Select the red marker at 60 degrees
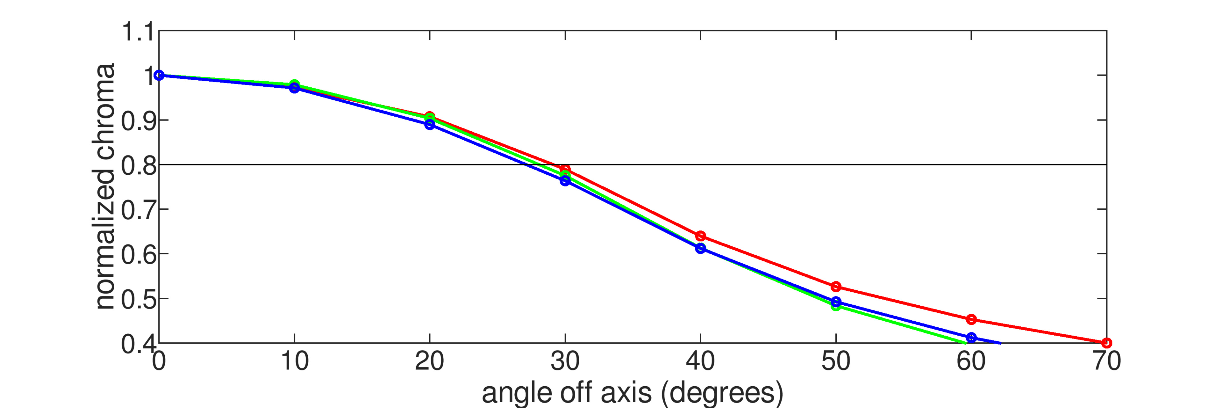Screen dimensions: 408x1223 [x=971, y=319]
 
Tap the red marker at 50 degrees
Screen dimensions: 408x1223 [x=836, y=287]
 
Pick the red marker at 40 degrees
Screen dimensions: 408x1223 [x=700, y=236]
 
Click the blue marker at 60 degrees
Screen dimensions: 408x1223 [x=971, y=337]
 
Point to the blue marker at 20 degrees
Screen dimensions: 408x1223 [x=430, y=124]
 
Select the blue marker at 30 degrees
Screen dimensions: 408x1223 [x=565, y=180]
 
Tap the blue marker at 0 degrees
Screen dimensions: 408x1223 [x=159, y=75]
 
